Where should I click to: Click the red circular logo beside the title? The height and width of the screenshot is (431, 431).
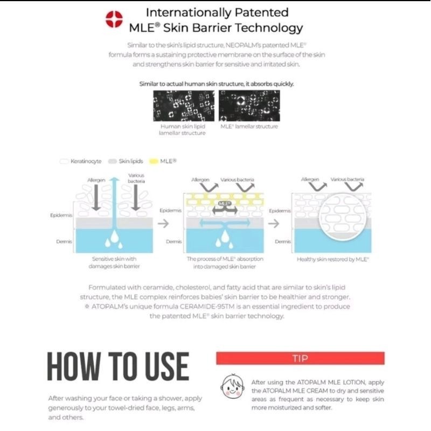pos(114,20)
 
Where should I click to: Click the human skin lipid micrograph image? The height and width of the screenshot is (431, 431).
pos(182,106)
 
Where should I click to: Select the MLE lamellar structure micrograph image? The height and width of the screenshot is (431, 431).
pos(249,106)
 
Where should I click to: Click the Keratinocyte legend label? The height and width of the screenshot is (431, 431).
pos(86,161)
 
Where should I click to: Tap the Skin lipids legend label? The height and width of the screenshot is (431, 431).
pos(127,161)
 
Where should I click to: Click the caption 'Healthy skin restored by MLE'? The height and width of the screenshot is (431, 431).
pos(332,259)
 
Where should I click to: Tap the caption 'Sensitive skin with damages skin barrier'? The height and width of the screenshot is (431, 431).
pos(114,262)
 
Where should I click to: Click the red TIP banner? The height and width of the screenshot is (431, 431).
pos(300,358)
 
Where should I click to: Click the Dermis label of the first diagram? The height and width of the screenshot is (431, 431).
pos(64,241)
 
